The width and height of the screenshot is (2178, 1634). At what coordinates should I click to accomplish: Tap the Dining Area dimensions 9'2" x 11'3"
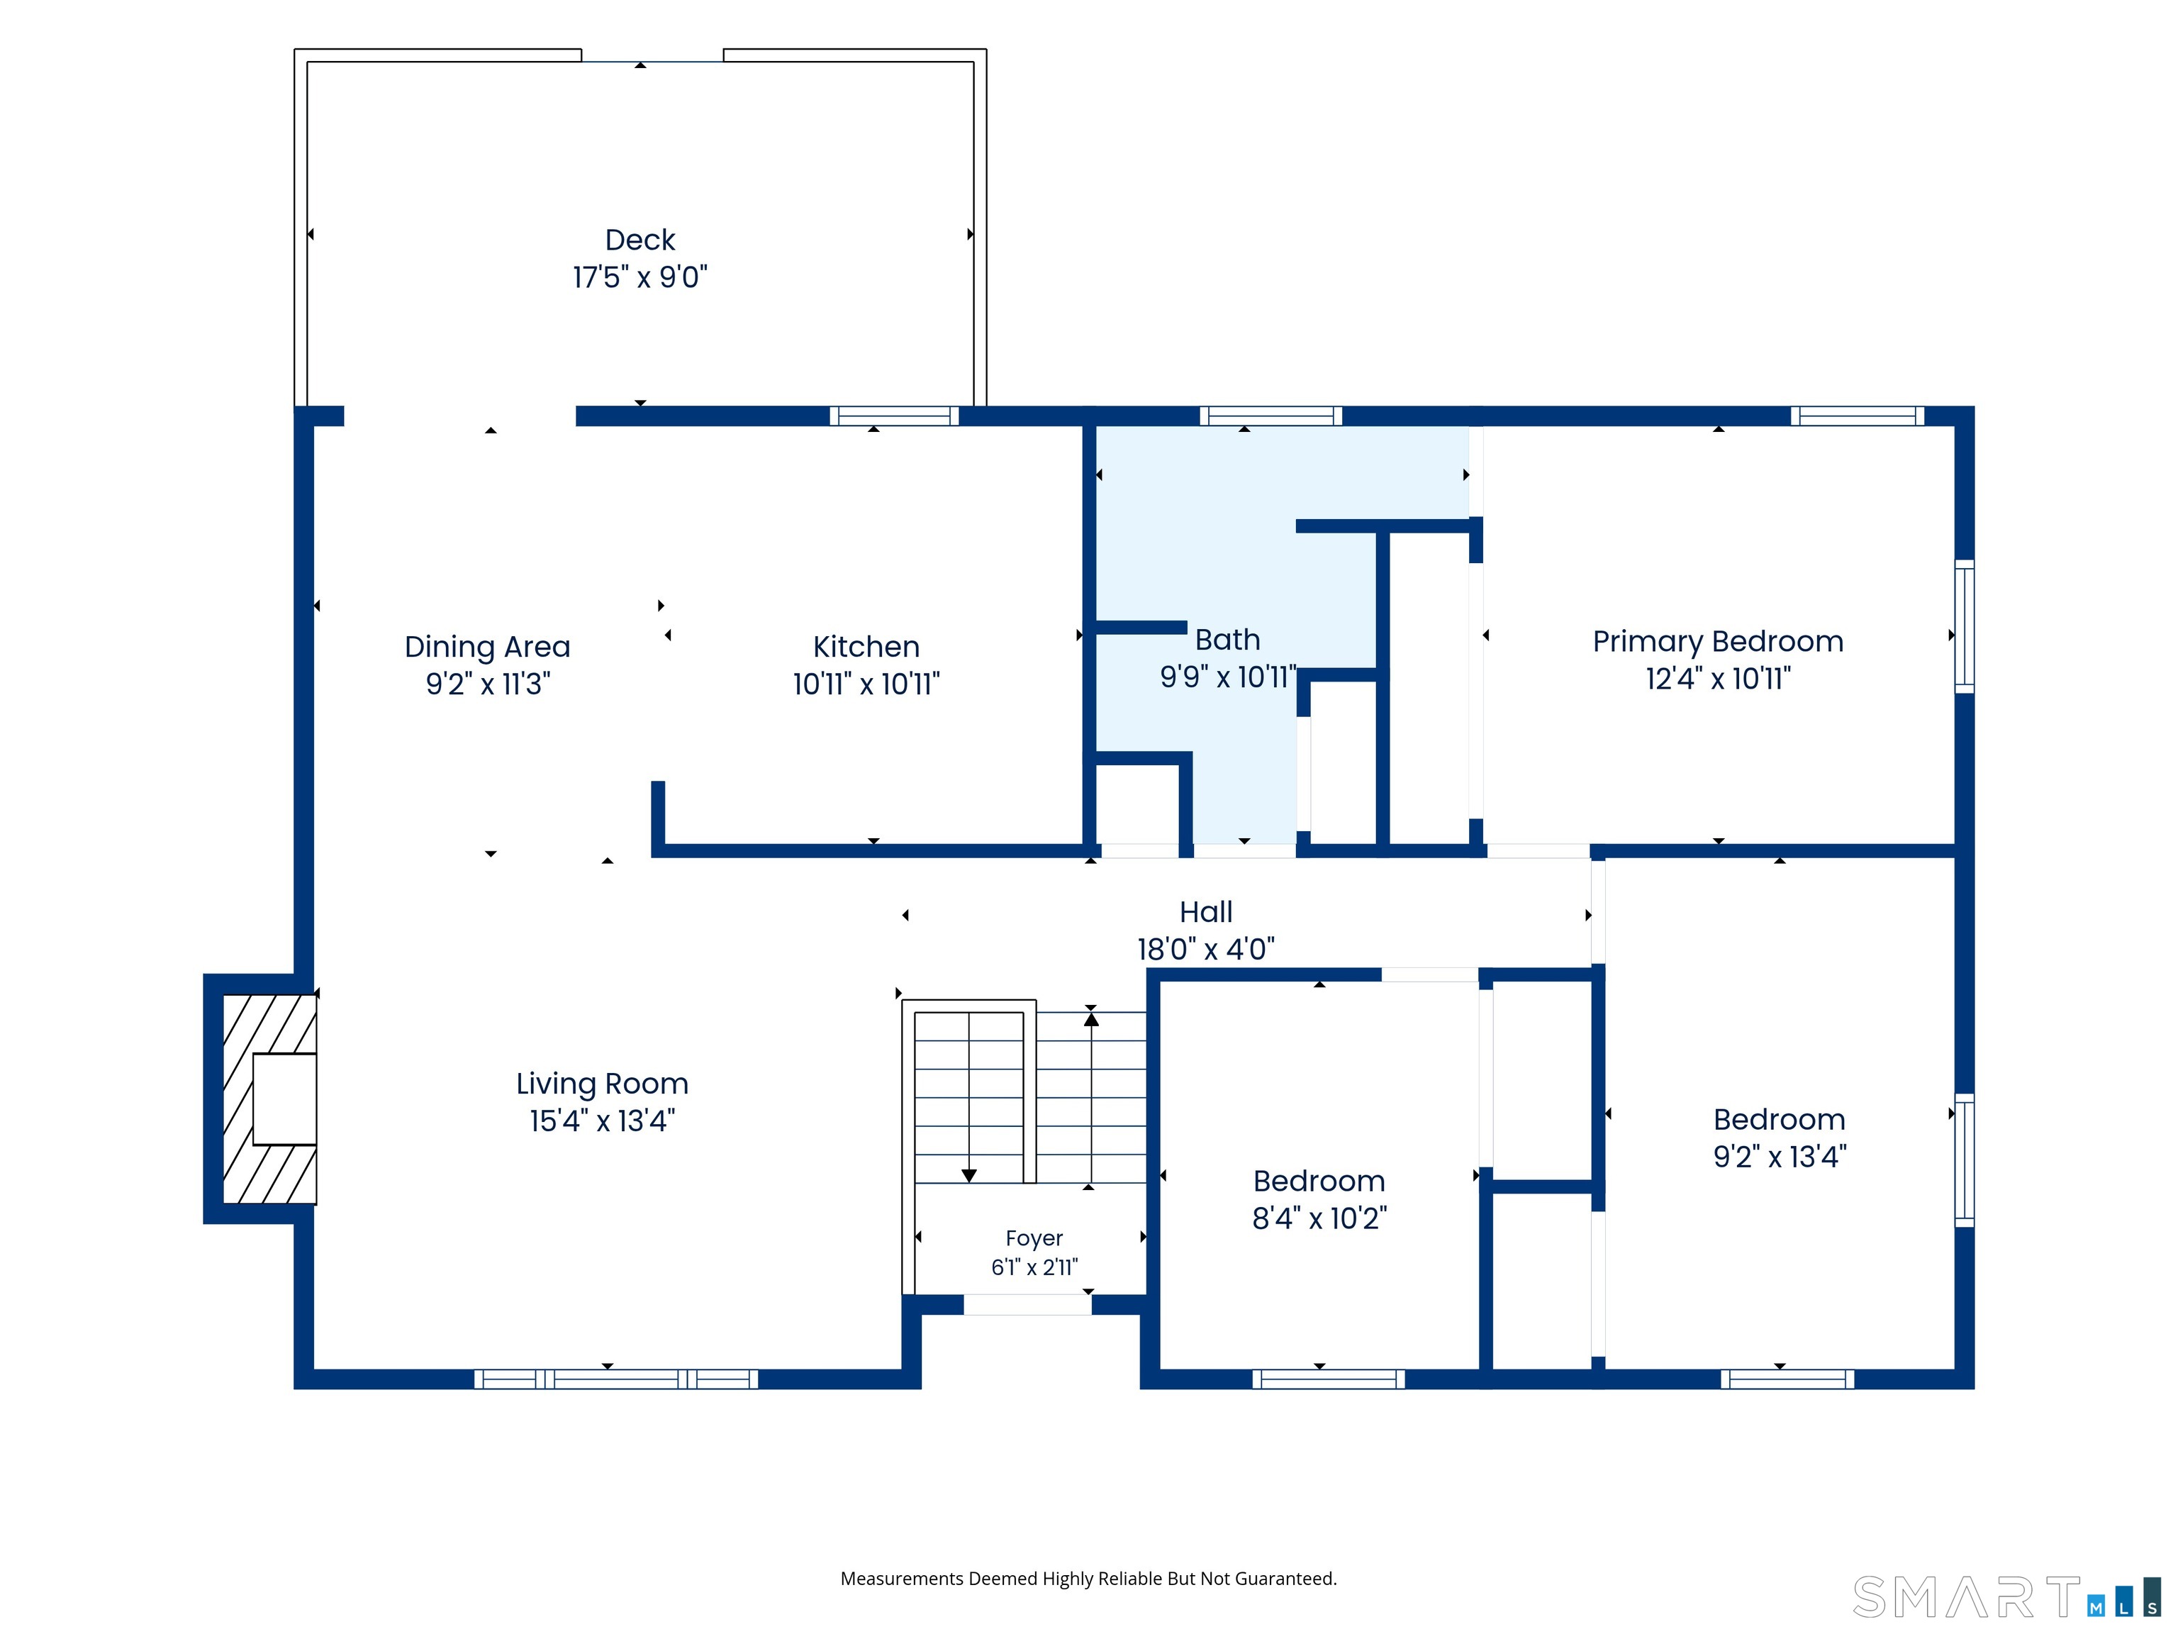(487, 684)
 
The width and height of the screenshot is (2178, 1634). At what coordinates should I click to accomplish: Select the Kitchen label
(866, 646)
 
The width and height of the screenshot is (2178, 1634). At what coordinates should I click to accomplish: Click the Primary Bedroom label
(1718, 642)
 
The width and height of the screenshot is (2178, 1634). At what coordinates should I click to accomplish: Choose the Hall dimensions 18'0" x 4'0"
(1206, 950)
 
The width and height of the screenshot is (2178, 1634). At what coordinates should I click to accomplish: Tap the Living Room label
(603, 1084)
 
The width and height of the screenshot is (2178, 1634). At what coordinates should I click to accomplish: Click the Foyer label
(1034, 1238)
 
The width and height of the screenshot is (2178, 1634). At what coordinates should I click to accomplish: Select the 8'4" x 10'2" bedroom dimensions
(1319, 1218)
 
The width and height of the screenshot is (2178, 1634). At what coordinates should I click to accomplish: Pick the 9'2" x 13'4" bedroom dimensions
(1780, 1156)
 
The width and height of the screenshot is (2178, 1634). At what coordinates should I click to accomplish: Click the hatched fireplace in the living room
(269, 1099)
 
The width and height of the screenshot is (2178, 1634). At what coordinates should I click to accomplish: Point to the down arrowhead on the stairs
(969, 1176)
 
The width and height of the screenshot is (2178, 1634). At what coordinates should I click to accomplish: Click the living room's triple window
(616, 1379)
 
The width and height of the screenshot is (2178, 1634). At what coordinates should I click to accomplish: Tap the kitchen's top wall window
(894, 416)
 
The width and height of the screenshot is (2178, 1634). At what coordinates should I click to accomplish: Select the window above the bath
(1270, 416)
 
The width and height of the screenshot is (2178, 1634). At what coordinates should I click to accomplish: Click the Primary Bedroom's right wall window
(1965, 626)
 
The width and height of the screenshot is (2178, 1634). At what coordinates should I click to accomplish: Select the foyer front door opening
(1027, 1305)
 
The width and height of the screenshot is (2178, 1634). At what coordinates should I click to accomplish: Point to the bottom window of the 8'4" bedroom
(1328, 1379)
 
